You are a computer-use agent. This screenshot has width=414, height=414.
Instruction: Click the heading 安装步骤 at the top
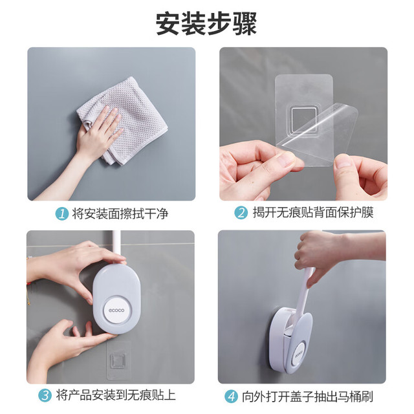(x=206, y=24)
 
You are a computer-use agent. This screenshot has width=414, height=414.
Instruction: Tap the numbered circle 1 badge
(x=62, y=213)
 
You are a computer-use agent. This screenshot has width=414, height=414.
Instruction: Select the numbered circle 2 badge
(x=241, y=213)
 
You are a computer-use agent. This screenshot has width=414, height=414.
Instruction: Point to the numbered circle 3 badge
(x=45, y=396)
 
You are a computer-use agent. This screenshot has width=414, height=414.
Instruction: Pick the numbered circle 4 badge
(x=231, y=397)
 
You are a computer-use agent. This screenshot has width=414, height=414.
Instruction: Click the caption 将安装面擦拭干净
(x=120, y=213)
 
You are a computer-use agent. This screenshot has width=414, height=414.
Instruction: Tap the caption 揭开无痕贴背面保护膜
(x=313, y=213)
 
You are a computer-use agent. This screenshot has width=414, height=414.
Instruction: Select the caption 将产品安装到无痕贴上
(x=116, y=396)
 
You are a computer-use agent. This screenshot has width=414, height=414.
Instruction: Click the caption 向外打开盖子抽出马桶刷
(x=307, y=397)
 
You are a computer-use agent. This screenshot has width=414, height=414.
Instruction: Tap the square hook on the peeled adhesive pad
(x=303, y=120)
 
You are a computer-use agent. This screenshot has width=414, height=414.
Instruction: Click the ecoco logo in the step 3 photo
(x=116, y=310)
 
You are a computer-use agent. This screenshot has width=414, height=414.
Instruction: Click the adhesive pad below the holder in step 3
(x=118, y=360)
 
